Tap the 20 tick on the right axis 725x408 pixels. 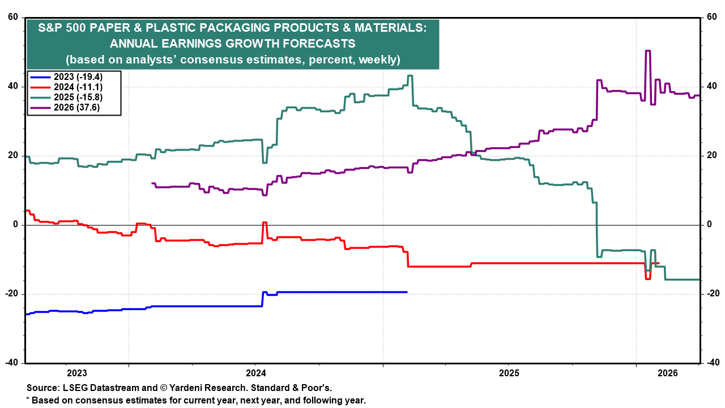coord(711,156)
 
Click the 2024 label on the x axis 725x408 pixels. coord(255,373)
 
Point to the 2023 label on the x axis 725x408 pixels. coord(76,373)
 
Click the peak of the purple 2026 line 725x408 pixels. coord(648,51)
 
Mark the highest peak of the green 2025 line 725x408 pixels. coord(410,76)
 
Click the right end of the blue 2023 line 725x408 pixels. coord(407,292)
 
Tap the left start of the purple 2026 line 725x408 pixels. coord(152,183)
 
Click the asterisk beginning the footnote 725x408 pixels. coord(28,399)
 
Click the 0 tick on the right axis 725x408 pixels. coord(707,225)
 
